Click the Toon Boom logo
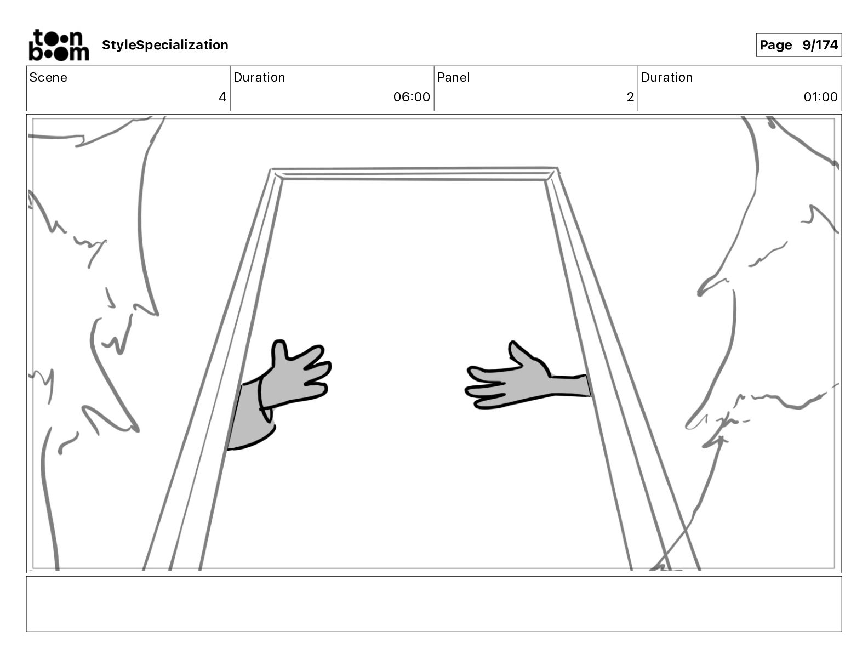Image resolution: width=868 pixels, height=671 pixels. (x=58, y=45)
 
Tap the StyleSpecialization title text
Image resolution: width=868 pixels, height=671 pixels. (x=165, y=45)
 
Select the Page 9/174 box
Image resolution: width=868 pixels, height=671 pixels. (x=798, y=45)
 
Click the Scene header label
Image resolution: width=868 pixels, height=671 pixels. (x=48, y=77)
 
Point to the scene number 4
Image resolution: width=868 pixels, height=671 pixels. (x=222, y=97)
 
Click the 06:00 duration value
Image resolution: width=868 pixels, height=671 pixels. (x=412, y=97)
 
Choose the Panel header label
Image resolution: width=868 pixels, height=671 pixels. (x=453, y=77)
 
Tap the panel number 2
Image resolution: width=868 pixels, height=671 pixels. (x=630, y=97)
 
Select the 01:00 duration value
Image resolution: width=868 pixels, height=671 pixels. (x=820, y=97)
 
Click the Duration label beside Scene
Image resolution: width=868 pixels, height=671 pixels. (x=259, y=77)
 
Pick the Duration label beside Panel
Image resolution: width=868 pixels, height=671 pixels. (x=667, y=77)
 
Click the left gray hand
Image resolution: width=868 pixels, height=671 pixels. (x=296, y=378)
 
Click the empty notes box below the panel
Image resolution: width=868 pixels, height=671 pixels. (x=433, y=604)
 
